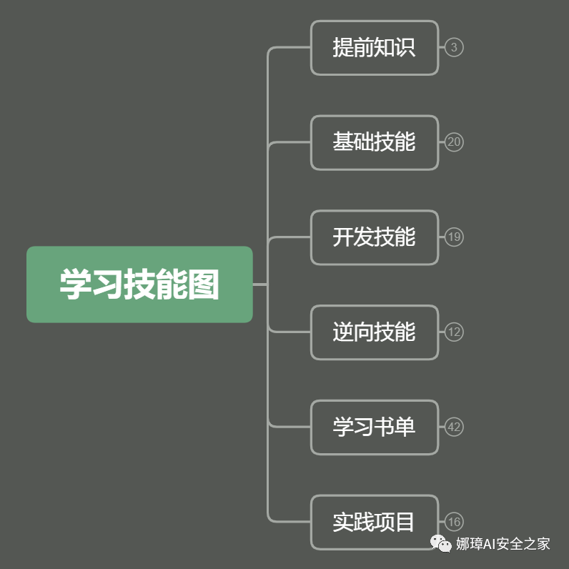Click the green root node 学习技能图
tap(139, 284)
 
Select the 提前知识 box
tap(374, 48)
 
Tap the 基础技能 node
tap(374, 142)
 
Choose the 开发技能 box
tap(374, 237)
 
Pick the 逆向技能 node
tap(374, 332)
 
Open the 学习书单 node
tap(374, 427)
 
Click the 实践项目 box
tap(374, 522)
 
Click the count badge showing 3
tap(454, 48)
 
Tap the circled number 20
tap(454, 142)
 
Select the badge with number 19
tap(454, 237)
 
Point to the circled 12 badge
tap(454, 332)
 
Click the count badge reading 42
tap(454, 427)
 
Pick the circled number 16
tap(454, 522)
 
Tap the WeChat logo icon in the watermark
tap(441, 544)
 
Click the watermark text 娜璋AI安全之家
tap(503, 544)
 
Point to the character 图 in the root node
tap(204, 284)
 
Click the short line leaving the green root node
tap(259, 284)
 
